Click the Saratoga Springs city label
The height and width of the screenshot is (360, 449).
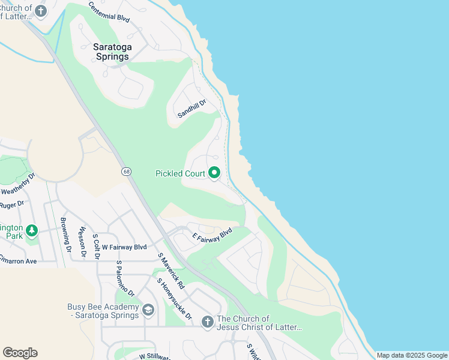(111, 52)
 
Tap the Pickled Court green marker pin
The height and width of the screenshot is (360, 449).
(214, 174)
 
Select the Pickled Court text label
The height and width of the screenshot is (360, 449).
(180, 174)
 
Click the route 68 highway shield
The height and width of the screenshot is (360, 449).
(126, 172)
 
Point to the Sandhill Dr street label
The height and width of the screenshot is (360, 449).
(191, 109)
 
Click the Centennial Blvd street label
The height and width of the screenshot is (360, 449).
(109, 11)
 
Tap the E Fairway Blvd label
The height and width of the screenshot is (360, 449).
(212, 235)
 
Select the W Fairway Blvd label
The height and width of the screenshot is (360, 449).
(124, 247)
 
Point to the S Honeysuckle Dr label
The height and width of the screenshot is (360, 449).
(175, 299)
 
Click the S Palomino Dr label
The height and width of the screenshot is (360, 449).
(125, 278)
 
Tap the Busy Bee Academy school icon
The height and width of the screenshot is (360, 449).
(148, 310)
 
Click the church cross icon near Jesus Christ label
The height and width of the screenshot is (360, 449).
(207, 322)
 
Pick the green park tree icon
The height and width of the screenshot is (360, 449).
(32, 231)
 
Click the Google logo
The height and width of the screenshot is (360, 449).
(20, 353)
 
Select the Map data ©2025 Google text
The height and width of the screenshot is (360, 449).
(412, 355)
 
